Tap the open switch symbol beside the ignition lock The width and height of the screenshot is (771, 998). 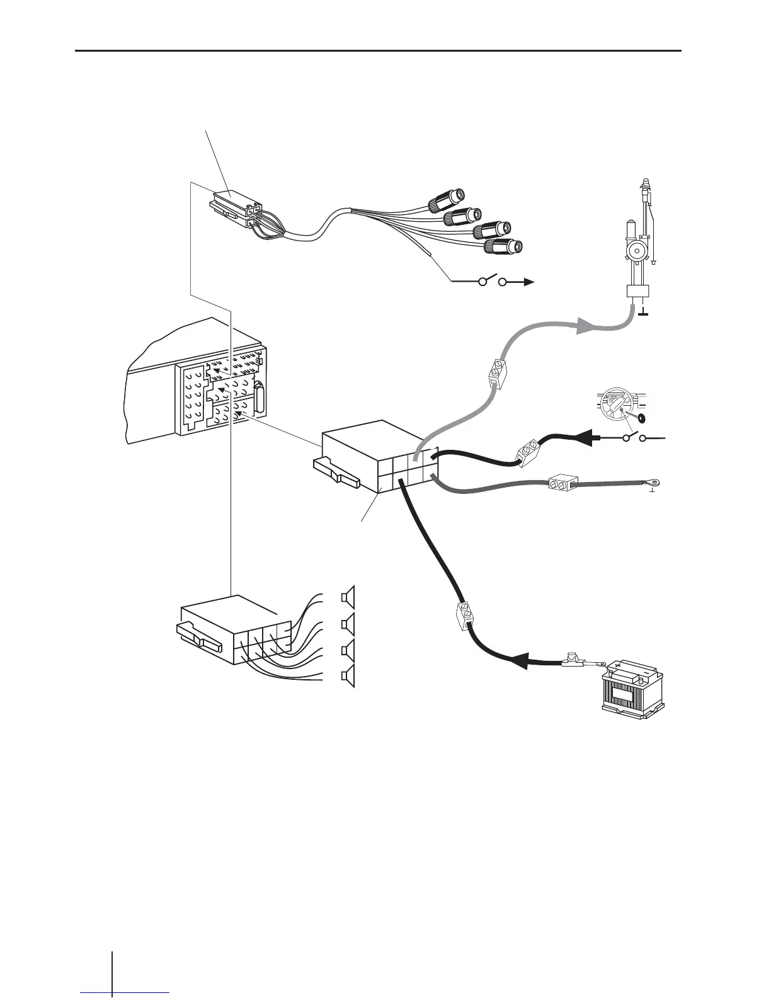click(x=636, y=437)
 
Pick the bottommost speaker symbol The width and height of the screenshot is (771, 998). click(x=348, y=677)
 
